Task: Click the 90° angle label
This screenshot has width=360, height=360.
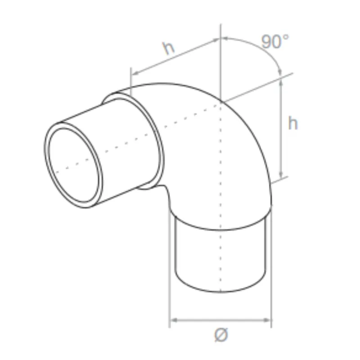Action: tap(275, 42)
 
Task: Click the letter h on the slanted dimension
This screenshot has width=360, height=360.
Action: tap(169, 48)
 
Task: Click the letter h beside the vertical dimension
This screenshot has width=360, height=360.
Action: tap(293, 123)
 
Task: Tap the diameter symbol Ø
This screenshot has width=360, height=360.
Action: tap(221, 335)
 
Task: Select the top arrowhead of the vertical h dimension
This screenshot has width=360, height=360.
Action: tap(281, 81)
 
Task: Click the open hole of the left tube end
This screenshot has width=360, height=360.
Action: tap(74, 166)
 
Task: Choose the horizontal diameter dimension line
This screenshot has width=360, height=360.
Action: tap(220, 320)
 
